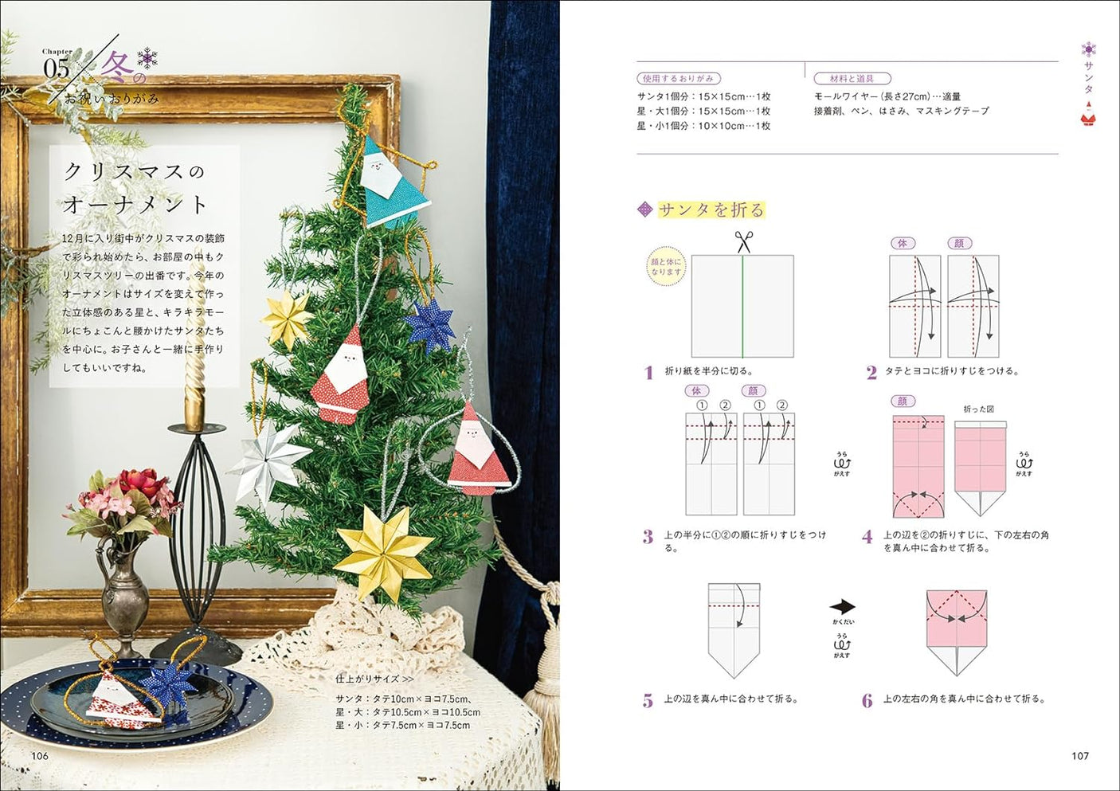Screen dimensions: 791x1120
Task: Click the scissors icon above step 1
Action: tap(743, 241)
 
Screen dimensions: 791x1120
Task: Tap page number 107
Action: tap(1079, 756)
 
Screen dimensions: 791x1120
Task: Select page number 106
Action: tap(39, 756)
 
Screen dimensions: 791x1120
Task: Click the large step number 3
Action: tap(648, 538)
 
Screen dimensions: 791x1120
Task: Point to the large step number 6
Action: tap(867, 701)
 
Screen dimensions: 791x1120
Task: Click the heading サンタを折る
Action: tap(711, 209)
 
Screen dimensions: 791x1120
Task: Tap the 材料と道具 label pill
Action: tap(852, 79)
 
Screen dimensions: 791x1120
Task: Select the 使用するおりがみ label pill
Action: tap(679, 79)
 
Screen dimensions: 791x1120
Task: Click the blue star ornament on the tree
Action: tap(429, 324)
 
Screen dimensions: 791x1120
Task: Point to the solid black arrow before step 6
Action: tap(842, 606)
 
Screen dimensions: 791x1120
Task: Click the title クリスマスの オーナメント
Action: tap(135, 188)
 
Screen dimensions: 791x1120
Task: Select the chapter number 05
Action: tap(57, 69)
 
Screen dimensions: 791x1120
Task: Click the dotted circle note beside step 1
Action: tap(666, 267)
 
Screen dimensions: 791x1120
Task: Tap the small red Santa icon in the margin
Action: tap(1088, 117)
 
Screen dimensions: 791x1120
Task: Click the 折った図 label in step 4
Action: tap(978, 409)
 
